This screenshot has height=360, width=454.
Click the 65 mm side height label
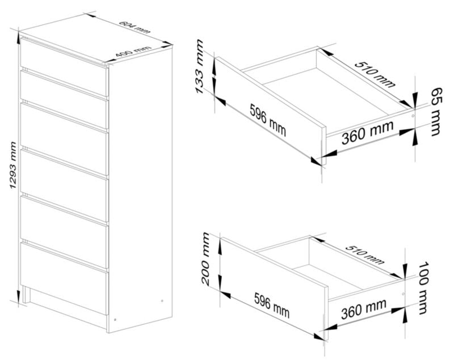pos(435,112)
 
